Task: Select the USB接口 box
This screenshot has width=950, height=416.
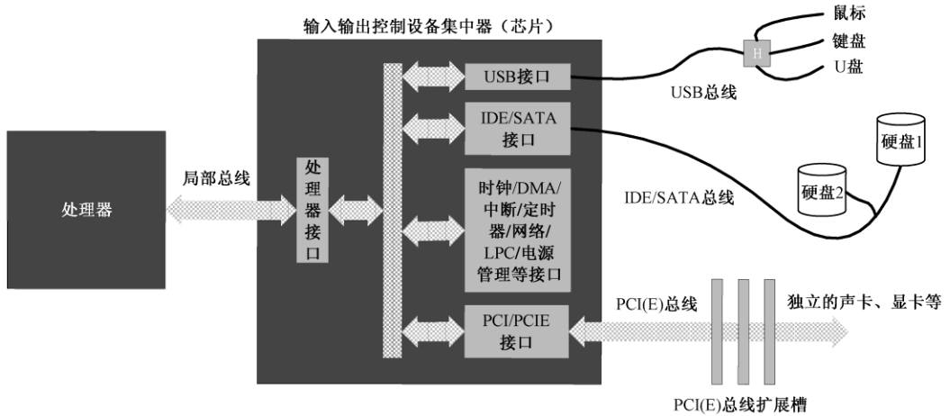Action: (517, 77)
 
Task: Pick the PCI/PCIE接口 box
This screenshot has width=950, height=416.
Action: (517, 330)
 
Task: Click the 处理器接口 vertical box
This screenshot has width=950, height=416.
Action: (312, 211)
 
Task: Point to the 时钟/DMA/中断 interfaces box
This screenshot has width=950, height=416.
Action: (517, 229)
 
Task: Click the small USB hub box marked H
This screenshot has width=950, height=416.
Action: (754, 53)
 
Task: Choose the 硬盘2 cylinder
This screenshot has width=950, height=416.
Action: (821, 190)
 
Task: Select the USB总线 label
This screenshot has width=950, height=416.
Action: (701, 94)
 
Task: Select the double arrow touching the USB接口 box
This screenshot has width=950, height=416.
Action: (432, 77)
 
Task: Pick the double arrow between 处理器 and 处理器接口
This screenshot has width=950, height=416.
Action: (231, 210)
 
